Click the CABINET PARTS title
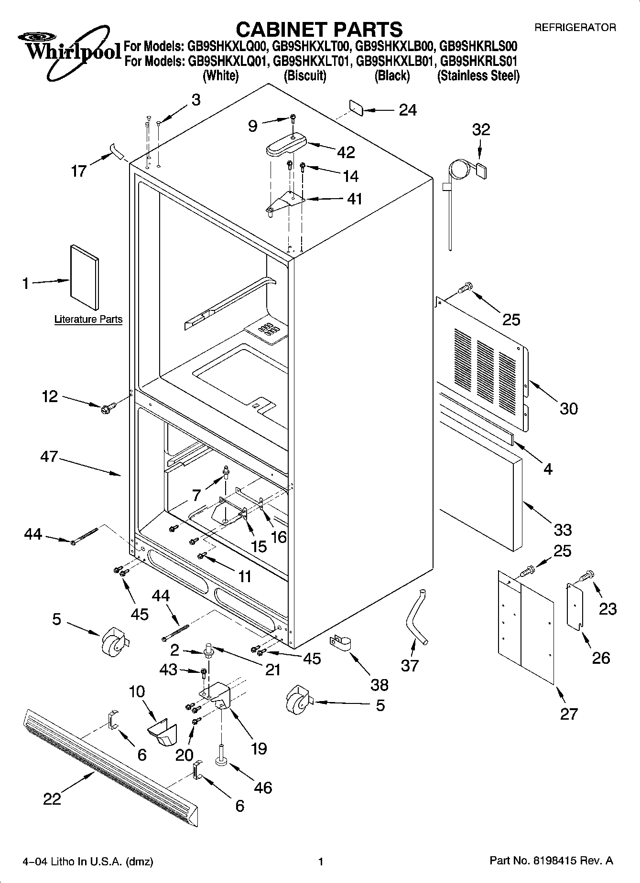tap(319, 29)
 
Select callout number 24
tap(408, 110)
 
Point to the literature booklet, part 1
tap(85, 278)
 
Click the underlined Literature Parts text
tap(88, 319)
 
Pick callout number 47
tap(49, 457)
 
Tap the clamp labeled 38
tap(341, 642)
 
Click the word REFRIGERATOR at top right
tap(575, 28)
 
